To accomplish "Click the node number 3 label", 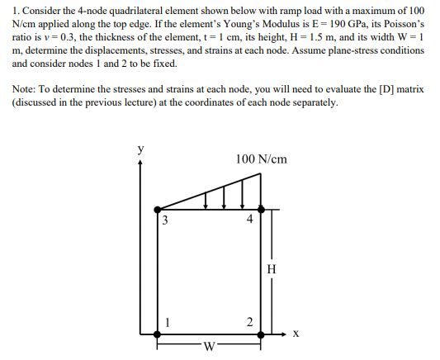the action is click(165, 220).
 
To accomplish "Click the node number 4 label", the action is click(248, 220).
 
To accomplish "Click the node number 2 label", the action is click(248, 321).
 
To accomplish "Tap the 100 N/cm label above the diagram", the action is click(262, 159).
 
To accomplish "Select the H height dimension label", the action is click(273, 268).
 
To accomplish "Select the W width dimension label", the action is click(210, 347).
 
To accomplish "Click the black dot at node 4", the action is click(262, 210).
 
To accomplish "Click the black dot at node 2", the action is click(262, 334).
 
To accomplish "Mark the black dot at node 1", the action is click(158, 334).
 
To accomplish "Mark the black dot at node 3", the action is click(158, 210).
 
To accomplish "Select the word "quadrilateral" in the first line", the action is click(137, 10).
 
